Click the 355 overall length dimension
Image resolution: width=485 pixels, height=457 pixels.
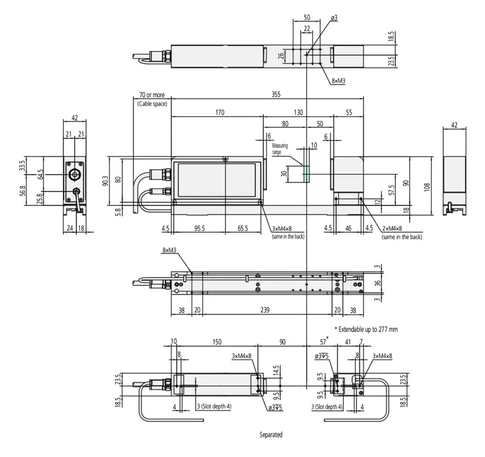click(276, 94)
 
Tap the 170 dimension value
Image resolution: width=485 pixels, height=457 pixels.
click(219, 112)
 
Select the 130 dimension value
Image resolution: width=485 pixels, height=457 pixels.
click(298, 112)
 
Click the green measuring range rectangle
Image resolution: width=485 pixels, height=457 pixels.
click(307, 174)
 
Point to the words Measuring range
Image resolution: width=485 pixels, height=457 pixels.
click(280, 148)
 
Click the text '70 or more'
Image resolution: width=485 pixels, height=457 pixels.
click(152, 95)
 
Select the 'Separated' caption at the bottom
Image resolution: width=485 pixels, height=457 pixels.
click(271, 435)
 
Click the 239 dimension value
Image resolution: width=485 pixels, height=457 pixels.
click(265, 310)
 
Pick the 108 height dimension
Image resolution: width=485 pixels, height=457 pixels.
click(427, 187)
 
